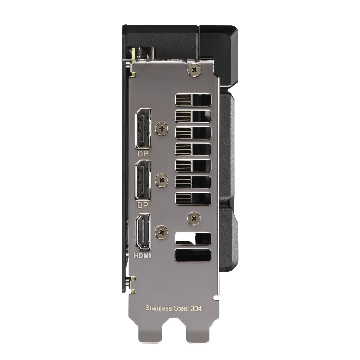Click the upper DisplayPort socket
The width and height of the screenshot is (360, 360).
[143, 128]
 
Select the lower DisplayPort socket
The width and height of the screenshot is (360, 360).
[143, 180]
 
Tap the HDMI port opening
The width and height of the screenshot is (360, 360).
[143, 232]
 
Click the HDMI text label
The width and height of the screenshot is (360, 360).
[142, 255]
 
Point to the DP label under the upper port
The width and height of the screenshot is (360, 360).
[143, 154]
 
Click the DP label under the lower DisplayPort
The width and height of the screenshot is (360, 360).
[143, 205]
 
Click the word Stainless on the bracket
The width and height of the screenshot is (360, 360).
[158, 308]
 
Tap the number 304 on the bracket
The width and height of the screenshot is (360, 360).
[196, 308]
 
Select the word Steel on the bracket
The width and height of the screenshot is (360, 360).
[181, 308]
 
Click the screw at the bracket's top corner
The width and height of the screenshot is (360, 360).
[194, 70]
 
